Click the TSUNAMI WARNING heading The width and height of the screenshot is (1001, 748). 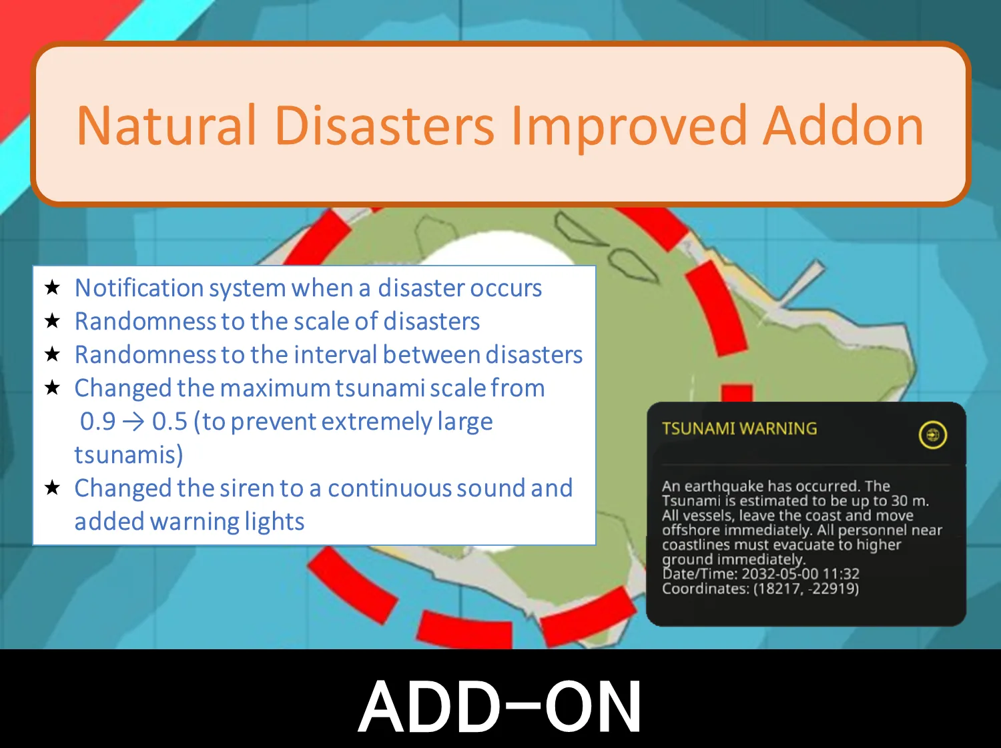point(739,428)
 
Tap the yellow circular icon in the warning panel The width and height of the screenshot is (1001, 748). point(932,435)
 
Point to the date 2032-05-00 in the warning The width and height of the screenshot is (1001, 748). point(781,573)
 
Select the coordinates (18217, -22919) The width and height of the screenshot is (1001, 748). point(806,589)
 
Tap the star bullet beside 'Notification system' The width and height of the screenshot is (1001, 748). point(53,288)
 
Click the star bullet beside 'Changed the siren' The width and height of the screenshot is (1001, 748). point(53,488)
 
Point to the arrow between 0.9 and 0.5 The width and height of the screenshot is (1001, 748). point(133,422)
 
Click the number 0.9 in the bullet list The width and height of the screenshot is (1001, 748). point(97,421)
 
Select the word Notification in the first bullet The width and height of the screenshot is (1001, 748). point(139,288)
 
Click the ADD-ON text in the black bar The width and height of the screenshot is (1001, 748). point(500,706)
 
